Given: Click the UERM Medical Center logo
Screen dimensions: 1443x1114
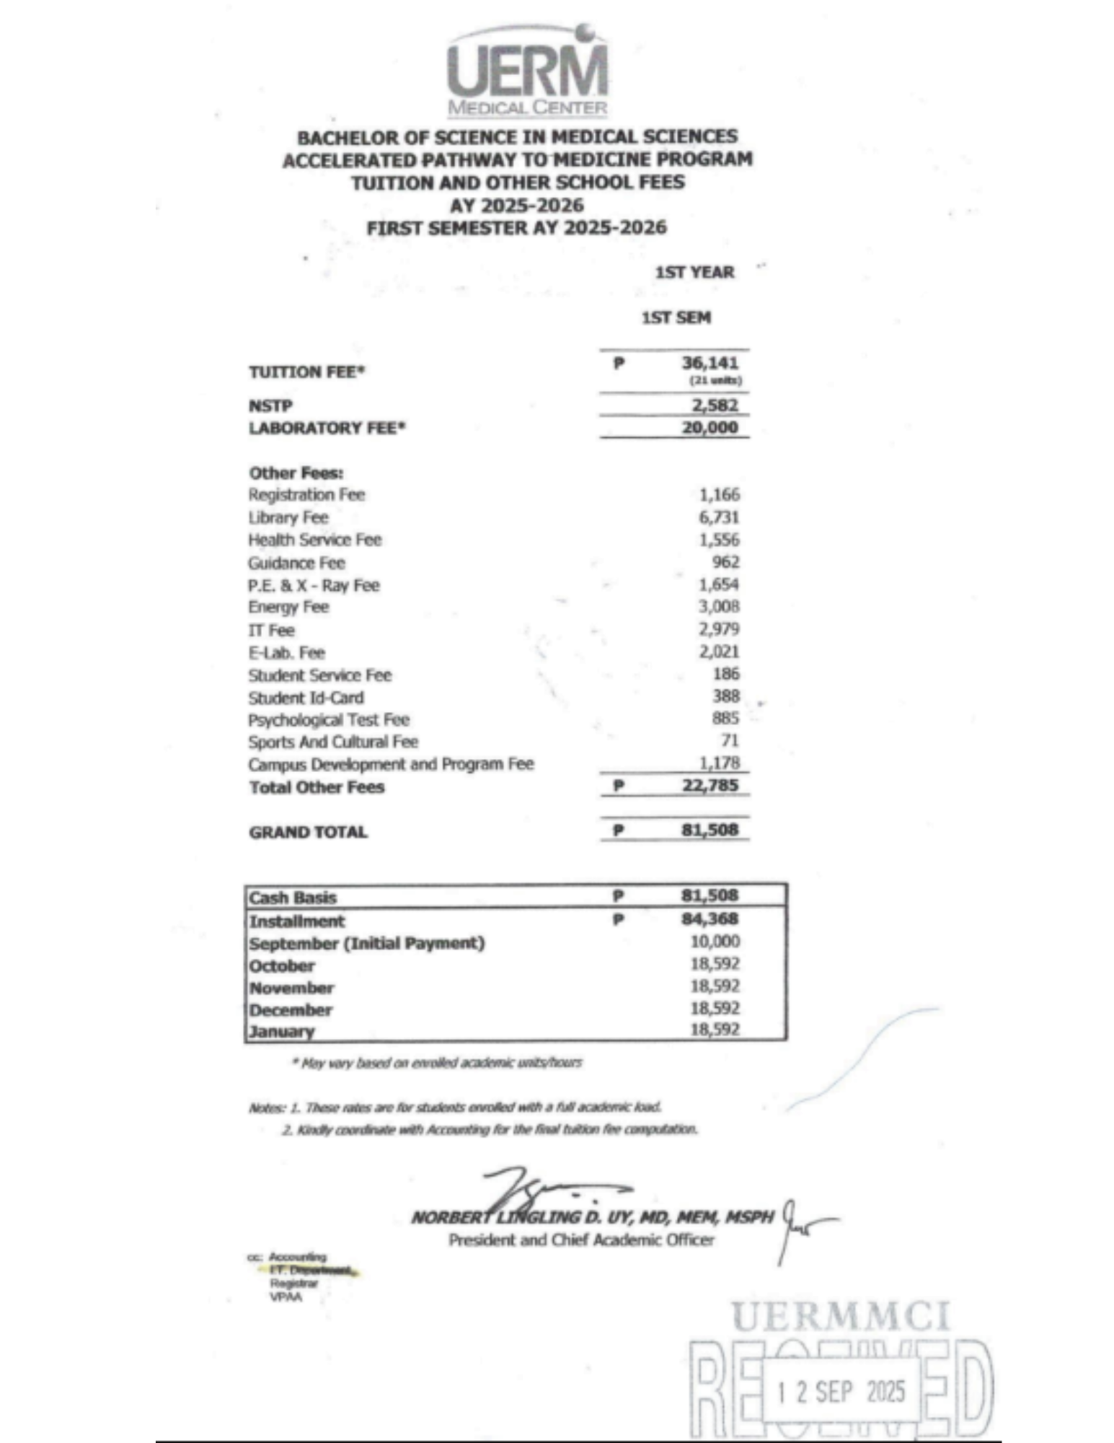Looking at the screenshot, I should (x=527, y=72).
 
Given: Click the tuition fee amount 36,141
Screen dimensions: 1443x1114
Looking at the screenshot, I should (x=709, y=362).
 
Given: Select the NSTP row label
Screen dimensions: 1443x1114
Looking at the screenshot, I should (x=270, y=405).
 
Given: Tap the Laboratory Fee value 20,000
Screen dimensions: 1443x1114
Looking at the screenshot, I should (x=709, y=427).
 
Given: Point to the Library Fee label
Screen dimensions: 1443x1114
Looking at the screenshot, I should (x=288, y=517).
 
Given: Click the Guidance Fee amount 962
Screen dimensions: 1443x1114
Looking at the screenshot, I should (x=725, y=562).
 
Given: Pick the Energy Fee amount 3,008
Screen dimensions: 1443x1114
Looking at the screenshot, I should (x=718, y=607).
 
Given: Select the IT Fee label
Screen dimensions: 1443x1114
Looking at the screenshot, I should (x=271, y=630).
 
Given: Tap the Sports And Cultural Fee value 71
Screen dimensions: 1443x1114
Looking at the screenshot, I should (x=730, y=740).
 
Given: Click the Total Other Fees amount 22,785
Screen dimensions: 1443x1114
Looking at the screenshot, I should (x=709, y=785).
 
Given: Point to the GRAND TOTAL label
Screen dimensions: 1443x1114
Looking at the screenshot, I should (x=308, y=832).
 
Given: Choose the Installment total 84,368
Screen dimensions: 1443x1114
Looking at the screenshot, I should (x=709, y=918).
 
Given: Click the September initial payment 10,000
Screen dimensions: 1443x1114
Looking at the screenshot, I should (x=715, y=942).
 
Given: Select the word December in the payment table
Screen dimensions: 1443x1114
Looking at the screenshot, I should (x=291, y=1009).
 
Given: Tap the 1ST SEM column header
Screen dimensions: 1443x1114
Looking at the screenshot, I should (x=676, y=317).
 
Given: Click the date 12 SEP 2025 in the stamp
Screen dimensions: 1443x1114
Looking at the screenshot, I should (x=841, y=1391).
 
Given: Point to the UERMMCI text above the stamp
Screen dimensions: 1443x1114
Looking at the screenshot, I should (x=840, y=1316).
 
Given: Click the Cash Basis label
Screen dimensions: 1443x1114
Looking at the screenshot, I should (x=293, y=897).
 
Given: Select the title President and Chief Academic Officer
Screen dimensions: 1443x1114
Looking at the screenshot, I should (x=581, y=1240).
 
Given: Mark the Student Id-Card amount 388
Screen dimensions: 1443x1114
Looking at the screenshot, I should (x=725, y=696).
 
